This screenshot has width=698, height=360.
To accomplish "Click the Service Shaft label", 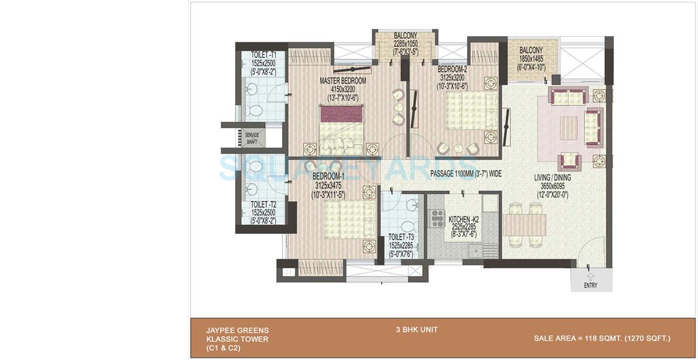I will click(x=252, y=139).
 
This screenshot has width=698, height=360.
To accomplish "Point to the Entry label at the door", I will click(x=590, y=286).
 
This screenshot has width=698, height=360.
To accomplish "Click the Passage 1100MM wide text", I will click(x=466, y=174).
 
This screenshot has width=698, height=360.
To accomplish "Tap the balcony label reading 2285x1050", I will click(x=405, y=44).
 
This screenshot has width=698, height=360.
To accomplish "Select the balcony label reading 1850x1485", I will click(x=531, y=58).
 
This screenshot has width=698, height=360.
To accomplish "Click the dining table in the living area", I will click(x=524, y=224).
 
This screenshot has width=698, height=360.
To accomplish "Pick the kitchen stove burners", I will click(x=438, y=217).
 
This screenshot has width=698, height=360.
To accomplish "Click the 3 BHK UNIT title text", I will click(x=417, y=329).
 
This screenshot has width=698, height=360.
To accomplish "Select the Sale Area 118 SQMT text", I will click(x=602, y=338).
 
